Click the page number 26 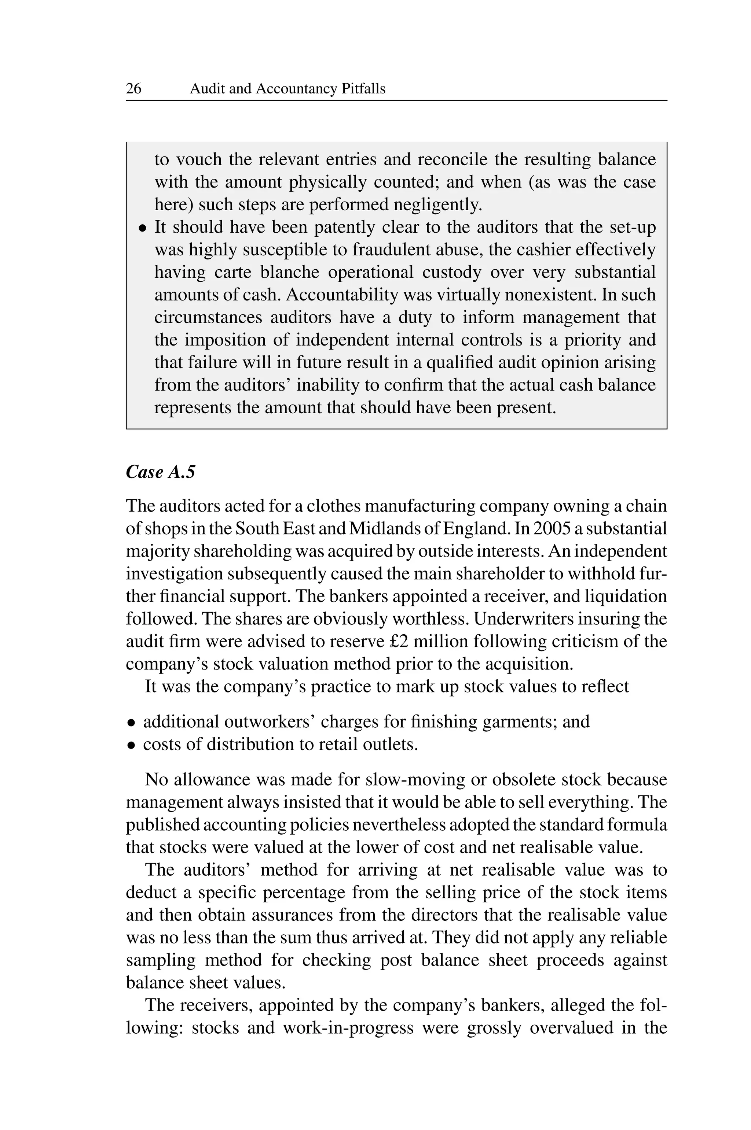point(133,89)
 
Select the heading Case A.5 point(161,472)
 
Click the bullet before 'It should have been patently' point(142,228)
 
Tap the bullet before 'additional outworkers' point(130,723)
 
